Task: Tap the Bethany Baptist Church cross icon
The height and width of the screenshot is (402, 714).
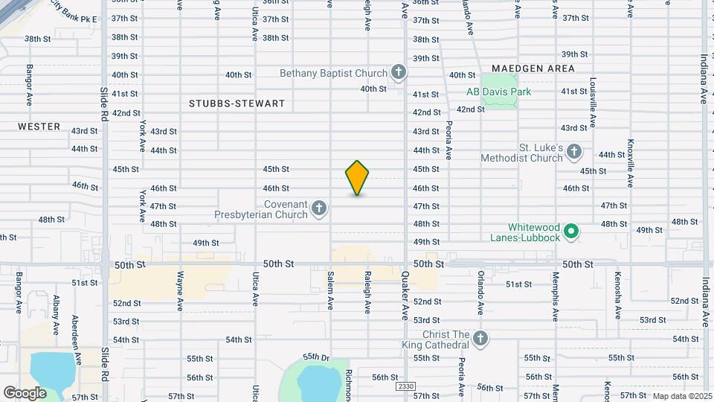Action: point(399,72)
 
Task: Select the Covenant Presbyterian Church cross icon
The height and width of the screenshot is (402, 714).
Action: point(319,208)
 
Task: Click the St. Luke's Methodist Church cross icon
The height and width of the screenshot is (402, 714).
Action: point(573,152)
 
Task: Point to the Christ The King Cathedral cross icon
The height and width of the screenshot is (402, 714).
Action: point(480,339)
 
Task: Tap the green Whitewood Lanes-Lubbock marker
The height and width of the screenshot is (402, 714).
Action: point(571,232)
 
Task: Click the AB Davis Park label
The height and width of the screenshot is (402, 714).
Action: point(498,92)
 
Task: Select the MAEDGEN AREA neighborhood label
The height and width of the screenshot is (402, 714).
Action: point(533,68)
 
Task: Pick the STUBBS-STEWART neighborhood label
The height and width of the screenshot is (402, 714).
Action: point(237,103)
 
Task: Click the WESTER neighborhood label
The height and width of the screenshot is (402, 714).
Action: point(39,127)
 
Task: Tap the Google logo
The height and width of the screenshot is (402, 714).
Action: point(25,392)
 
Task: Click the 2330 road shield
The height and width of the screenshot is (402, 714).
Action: point(405,387)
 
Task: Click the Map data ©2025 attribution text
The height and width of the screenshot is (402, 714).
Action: point(681,396)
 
